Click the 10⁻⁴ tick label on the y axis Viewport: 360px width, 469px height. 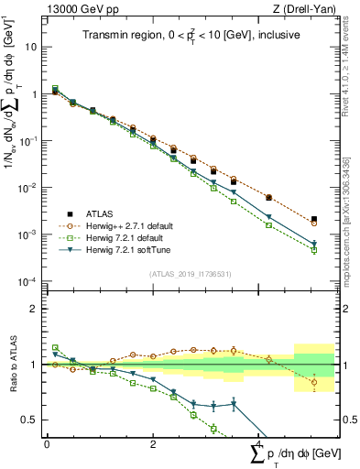(x=27, y=281)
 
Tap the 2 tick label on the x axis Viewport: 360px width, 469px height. (x=152, y=443)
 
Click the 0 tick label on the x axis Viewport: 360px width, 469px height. (x=47, y=443)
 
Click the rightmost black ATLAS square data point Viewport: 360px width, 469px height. (x=314, y=219)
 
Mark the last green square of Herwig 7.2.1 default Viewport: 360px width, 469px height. (x=314, y=250)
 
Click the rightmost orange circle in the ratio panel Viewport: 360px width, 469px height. (x=314, y=383)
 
